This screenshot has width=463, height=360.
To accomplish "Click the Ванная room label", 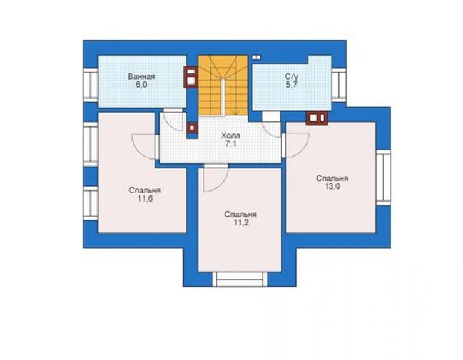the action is point(141,76).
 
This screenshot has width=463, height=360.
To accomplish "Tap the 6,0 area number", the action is point(141,85).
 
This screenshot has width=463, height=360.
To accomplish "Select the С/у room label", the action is point(292,76).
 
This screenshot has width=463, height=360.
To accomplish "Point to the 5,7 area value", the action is point(292,85).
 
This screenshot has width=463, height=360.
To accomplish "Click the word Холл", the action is point(231,136).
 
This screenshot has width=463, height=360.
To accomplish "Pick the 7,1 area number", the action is point(231,144).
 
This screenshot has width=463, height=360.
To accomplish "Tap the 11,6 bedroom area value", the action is point(145,198).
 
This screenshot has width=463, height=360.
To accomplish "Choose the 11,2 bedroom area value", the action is point(241,222).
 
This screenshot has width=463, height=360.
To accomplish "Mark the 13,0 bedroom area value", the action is point(332,187).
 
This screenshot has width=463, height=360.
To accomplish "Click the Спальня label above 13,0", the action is point(332,178).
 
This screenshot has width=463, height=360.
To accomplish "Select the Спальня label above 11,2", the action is point(240,214).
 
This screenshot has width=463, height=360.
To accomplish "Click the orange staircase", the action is point(223,85).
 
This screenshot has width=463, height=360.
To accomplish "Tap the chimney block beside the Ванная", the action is point(191,77).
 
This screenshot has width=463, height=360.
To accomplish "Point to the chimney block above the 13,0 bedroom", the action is point(317,118).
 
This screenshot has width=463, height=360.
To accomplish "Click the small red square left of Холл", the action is point(192,128).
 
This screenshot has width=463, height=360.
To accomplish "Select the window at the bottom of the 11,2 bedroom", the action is point(240,279).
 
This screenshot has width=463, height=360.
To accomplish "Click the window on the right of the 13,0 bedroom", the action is point(384,178).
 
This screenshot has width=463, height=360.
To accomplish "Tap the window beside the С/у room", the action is point(338,85).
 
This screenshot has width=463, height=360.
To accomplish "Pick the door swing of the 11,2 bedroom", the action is point(216,178).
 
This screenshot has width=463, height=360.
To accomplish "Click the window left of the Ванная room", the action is point(91,85).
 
